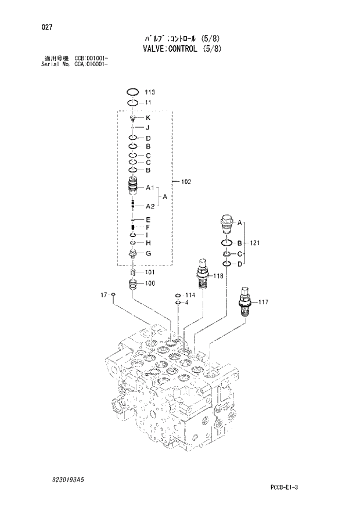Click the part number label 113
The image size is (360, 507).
click(149, 92)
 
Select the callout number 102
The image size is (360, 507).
click(186, 182)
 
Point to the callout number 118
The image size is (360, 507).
click(218, 276)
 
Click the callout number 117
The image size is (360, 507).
click(263, 301)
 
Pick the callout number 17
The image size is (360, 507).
click(104, 295)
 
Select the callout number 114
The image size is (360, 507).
click(190, 295)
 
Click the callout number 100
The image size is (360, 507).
click(150, 283)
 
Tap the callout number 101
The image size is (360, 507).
click(150, 272)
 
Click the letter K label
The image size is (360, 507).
click(148, 118)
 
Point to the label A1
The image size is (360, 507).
click(149, 188)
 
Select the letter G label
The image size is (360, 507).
click(148, 253)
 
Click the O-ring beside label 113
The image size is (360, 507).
click(133, 92)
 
